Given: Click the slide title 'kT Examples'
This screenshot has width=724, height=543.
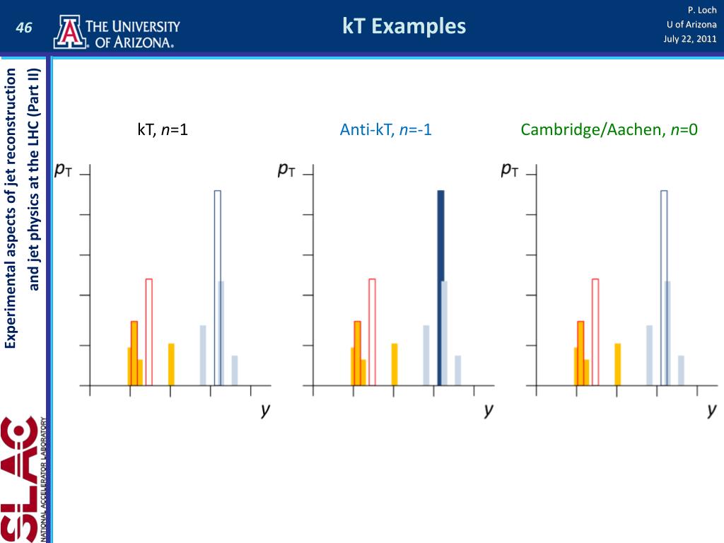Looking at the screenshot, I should click(x=404, y=27).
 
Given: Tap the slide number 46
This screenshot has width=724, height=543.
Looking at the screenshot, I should click(x=25, y=28).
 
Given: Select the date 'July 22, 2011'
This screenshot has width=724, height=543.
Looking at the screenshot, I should click(x=689, y=38).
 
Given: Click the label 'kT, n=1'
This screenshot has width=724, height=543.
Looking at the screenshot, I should click(x=163, y=129).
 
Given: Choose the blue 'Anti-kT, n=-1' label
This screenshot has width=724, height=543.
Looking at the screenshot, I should click(x=385, y=129).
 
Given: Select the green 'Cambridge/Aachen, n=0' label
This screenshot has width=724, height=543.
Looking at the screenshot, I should click(x=609, y=129).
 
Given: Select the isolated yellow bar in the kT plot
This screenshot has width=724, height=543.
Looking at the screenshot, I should click(x=171, y=364).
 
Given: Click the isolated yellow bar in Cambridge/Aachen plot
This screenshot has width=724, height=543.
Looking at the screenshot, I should click(x=617, y=364).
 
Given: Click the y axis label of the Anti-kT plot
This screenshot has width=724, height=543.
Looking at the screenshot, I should click(x=489, y=410).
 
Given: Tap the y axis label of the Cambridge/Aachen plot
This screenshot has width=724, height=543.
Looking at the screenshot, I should click(x=712, y=410).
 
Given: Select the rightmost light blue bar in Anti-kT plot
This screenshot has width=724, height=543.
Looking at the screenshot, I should click(x=457, y=370).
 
